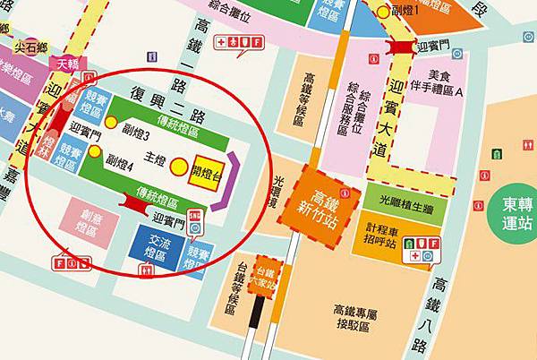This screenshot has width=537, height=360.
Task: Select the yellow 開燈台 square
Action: pyautogui.click(x=209, y=165)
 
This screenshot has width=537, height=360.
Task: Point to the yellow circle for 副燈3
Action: pyautogui.click(x=111, y=122)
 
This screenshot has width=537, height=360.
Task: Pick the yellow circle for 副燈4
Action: pyautogui.click(x=94, y=151)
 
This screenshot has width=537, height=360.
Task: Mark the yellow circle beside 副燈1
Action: pyautogui.click(x=383, y=12)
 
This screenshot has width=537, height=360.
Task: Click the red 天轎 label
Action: pyautogui.click(x=67, y=63)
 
